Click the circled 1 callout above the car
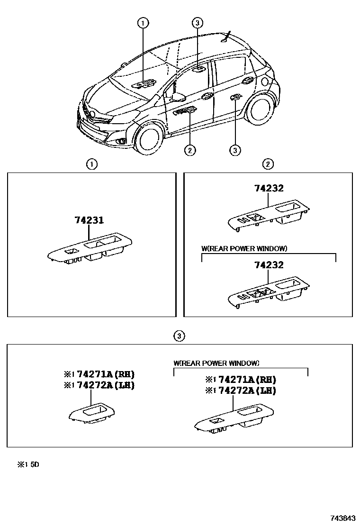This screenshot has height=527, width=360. (143, 22)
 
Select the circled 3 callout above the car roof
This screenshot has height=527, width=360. (198, 22)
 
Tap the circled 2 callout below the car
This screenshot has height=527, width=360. (189, 150)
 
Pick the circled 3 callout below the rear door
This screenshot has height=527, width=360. (235, 150)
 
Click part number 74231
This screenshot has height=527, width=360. (89, 220)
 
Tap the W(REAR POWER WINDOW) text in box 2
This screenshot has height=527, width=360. (244, 248)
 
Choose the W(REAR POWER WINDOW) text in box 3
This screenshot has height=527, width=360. (216, 363)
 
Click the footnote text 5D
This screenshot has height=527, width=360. (35, 465)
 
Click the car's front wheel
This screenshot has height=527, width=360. (148, 137)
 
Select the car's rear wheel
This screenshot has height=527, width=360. (258, 109)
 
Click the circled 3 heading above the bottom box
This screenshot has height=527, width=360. (179, 336)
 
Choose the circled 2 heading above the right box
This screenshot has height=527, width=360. (268, 164)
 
